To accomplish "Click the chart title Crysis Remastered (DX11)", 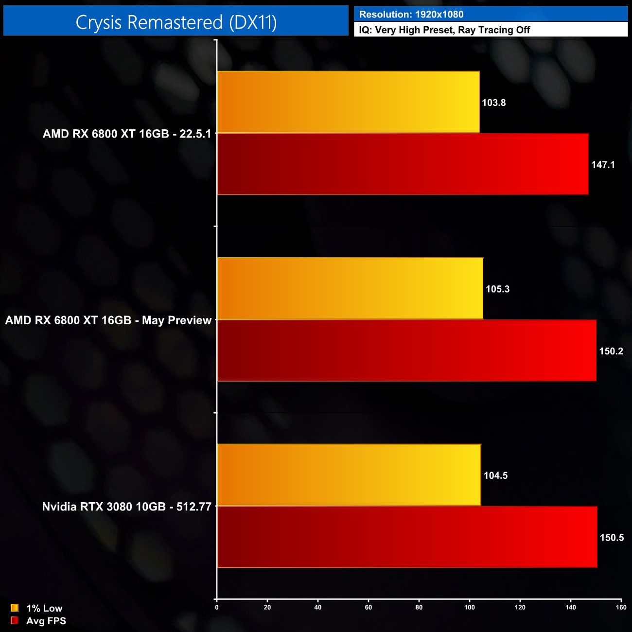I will (176, 22).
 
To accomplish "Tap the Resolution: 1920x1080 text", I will (411, 15).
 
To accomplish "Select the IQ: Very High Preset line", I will (444, 30).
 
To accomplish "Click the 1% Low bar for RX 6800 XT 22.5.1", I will (348, 102).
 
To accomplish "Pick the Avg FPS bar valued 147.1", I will (403, 164).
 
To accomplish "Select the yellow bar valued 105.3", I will (350, 288).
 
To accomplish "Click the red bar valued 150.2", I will (406, 351).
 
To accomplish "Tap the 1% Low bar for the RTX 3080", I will (349, 475).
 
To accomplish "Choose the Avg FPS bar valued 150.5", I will (407, 537).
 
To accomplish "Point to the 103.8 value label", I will (494, 103).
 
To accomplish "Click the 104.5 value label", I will (495, 475).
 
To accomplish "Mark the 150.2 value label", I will (611, 351).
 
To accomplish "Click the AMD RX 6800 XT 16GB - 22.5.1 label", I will (127, 134).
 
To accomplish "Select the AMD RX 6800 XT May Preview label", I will (108, 320).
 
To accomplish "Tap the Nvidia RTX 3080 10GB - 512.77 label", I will (127, 507).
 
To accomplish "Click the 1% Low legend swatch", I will (15, 608).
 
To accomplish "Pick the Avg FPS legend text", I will (46, 621).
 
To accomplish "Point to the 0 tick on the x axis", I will (217, 607).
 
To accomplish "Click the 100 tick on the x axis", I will (470, 607).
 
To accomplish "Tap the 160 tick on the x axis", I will (621, 607).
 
